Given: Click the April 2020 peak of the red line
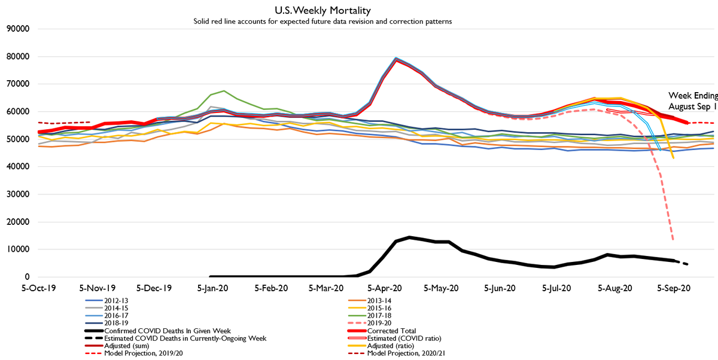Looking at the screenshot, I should click(397, 60).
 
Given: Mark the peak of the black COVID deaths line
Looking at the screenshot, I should click(409, 237).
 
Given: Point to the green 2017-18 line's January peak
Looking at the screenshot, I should click(224, 91).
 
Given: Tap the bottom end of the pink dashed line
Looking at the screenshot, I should click(674, 240).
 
